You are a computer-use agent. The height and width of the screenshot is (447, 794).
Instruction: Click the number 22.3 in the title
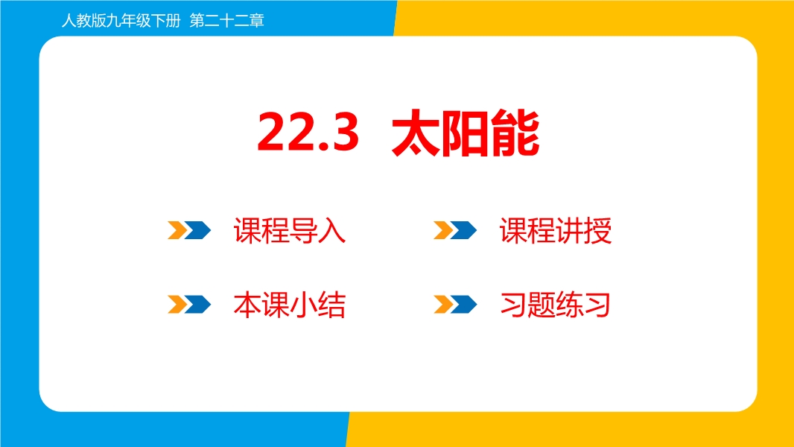(x=308, y=132)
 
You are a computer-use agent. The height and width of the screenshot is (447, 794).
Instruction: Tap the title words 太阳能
(x=466, y=133)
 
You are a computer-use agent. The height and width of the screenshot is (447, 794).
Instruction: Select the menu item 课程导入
(x=289, y=231)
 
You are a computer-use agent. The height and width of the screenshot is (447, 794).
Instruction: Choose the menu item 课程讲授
(x=556, y=231)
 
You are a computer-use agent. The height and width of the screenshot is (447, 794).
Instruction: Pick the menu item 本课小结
(x=289, y=305)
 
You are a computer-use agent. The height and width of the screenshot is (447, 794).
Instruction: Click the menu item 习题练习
(x=555, y=305)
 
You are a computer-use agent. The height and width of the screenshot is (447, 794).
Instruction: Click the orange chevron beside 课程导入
(x=177, y=230)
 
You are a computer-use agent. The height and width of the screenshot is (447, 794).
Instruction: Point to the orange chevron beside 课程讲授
(x=443, y=230)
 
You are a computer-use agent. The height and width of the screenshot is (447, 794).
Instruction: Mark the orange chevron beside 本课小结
(x=177, y=304)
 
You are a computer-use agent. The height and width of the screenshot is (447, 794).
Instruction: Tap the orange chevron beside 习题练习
(x=443, y=304)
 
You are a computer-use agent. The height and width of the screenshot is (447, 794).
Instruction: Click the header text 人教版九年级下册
(x=121, y=21)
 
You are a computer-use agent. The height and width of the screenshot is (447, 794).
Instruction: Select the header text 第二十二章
(x=227, y=21)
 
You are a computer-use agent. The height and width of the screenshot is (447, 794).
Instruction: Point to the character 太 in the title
(x=416, y=133)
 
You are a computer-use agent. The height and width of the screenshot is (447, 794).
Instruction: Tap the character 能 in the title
(x=515, y=133)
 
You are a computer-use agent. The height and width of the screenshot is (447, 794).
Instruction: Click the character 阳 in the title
(x=466, y=133)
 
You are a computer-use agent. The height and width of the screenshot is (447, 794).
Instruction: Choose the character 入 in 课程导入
(x=332, y=231)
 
